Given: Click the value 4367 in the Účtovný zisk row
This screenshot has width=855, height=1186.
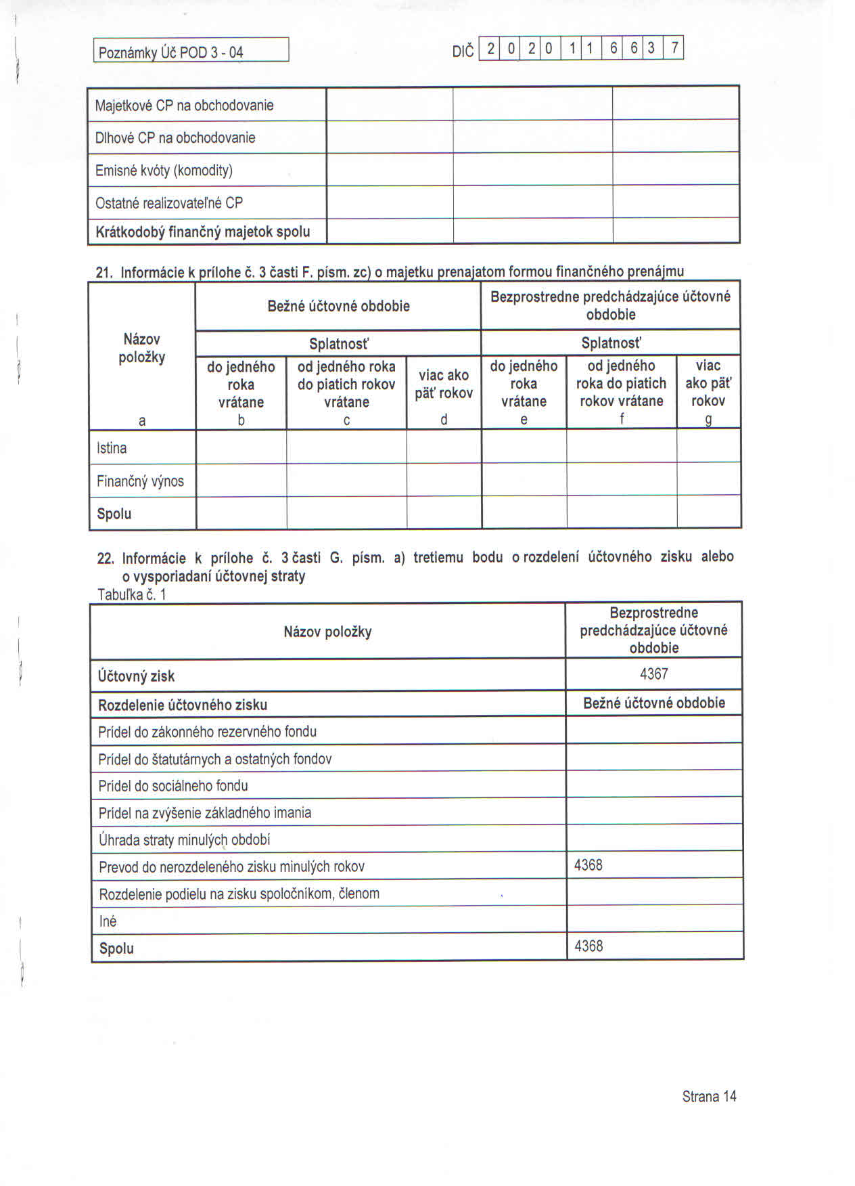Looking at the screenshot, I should (653, 674).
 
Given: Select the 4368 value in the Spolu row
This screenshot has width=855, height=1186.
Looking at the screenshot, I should (588, 946).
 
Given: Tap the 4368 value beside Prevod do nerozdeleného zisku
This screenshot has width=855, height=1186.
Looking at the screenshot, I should (588, 865).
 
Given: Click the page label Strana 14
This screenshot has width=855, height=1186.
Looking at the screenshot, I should (709, 1097).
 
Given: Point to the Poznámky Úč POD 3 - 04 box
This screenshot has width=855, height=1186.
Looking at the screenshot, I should (191, 51).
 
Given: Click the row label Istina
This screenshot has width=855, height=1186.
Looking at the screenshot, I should (112, 448).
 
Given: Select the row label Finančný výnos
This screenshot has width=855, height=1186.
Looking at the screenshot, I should (140, 481).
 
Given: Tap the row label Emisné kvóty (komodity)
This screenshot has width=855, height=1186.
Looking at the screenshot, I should (164, 171).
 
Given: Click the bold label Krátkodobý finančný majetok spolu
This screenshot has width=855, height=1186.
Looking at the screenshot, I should (202, 232).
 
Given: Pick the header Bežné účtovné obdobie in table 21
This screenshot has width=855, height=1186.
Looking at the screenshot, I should (338, 306).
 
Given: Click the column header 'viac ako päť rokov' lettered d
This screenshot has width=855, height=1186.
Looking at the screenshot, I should (444, 384).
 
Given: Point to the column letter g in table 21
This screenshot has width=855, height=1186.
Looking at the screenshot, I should (708, 420).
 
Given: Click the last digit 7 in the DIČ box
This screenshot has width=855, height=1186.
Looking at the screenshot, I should (674, 49).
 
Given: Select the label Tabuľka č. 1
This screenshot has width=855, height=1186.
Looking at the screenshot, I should (132, 595).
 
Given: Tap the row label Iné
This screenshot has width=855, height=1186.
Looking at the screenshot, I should (108, 921).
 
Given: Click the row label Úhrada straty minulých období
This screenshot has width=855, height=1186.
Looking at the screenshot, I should (184, 840).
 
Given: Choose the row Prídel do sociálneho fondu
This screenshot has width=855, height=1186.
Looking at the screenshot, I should (173, 786).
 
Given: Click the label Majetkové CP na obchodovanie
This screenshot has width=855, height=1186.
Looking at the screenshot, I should (184, 106).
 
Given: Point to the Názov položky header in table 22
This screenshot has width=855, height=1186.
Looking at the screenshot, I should (327, 632).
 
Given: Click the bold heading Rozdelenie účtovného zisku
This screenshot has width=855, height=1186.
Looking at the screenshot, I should (183, 705).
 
